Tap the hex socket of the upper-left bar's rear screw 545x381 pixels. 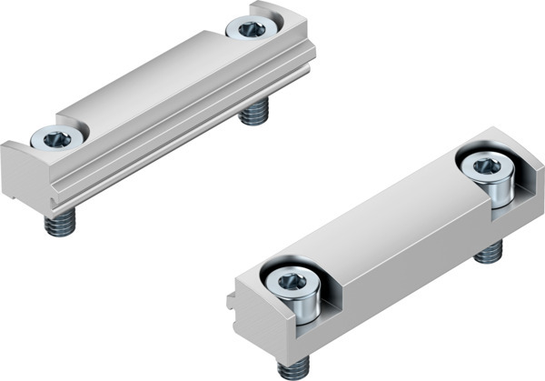click(252, 29)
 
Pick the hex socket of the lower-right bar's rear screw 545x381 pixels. click(486, 166)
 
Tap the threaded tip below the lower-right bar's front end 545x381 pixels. click(293, 366)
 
